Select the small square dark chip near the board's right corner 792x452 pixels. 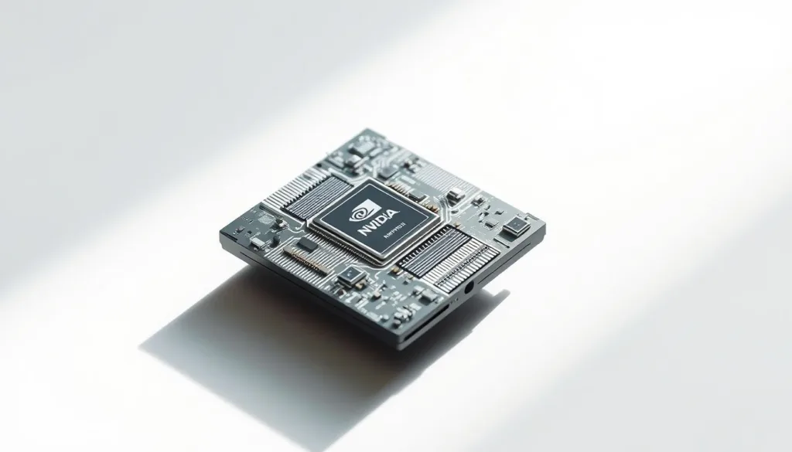[515, 227]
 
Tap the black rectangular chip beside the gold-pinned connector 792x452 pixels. [308, 245]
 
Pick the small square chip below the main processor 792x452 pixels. [350, 277]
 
